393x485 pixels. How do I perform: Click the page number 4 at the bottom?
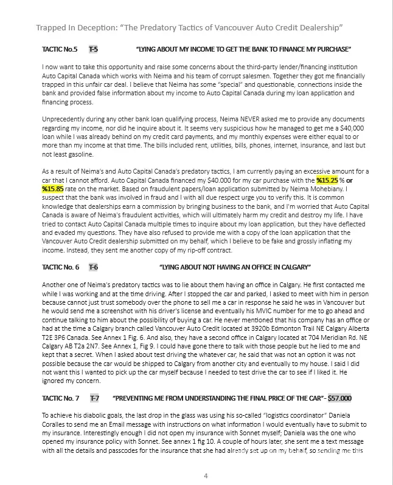[x=206, y=475]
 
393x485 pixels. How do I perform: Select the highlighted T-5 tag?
[x=94, y=49]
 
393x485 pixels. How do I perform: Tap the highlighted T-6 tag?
[x=94, y=267]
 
